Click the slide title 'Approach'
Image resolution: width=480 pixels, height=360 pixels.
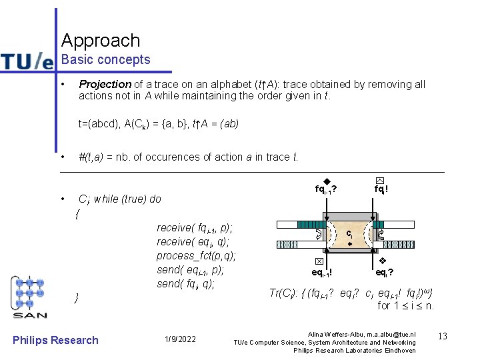point(101,41)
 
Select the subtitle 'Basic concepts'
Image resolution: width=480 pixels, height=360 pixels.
point(106,60)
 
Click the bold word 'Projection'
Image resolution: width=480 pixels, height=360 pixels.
point(105,84)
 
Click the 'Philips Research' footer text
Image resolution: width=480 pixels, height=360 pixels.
point(55,340)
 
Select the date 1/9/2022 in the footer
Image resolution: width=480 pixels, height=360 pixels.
point(179,340)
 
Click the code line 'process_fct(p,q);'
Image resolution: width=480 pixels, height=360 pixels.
point(197,255)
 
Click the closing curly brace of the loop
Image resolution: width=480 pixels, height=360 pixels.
point(77,297)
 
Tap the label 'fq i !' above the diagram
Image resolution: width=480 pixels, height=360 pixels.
point(381,189)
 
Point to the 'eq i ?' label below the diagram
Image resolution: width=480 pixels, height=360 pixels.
point(384,272)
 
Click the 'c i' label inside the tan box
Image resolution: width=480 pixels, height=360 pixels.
point(349,234)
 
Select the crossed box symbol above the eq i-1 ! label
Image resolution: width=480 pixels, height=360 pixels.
point(319,262)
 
